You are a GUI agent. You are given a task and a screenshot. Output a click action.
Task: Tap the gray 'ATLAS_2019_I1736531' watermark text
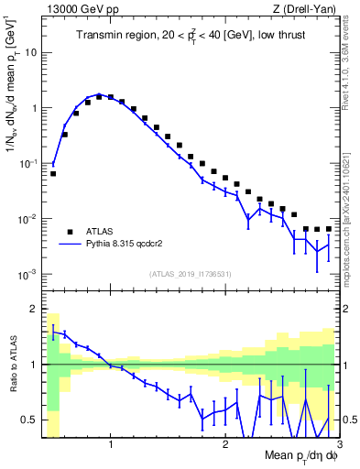(190, 274)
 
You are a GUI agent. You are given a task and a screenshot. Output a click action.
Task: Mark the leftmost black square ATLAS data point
(53, 173)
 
